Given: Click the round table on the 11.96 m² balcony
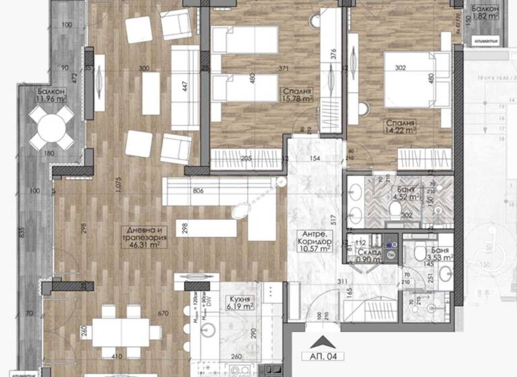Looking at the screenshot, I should tap(52, 128).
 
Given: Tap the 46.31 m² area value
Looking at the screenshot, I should tap(145, 246).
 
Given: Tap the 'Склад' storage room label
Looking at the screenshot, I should tap(370, 252).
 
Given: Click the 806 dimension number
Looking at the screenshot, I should tap(197, 191).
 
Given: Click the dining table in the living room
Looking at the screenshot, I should tap(126, 330).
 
